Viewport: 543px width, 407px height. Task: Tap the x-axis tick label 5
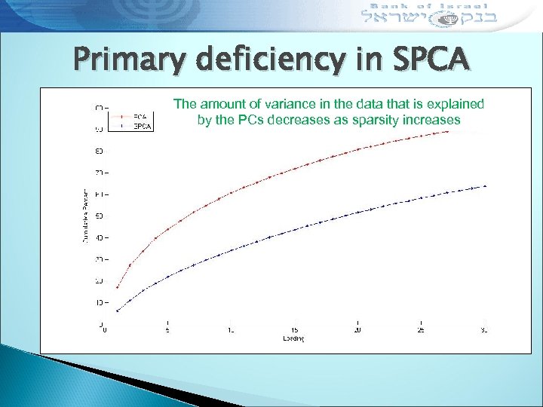(x=167, y=330)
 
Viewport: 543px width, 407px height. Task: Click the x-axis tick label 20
(x=357, y=330)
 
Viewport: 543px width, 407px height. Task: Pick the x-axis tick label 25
(x=421, y=330)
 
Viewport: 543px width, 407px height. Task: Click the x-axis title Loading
(x=294, y=339)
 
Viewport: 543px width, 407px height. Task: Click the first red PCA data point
(x=117, y=287)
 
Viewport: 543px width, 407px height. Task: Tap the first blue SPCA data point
(x=117, y=311)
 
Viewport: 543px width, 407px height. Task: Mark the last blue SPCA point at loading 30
(x=485, y=186)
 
